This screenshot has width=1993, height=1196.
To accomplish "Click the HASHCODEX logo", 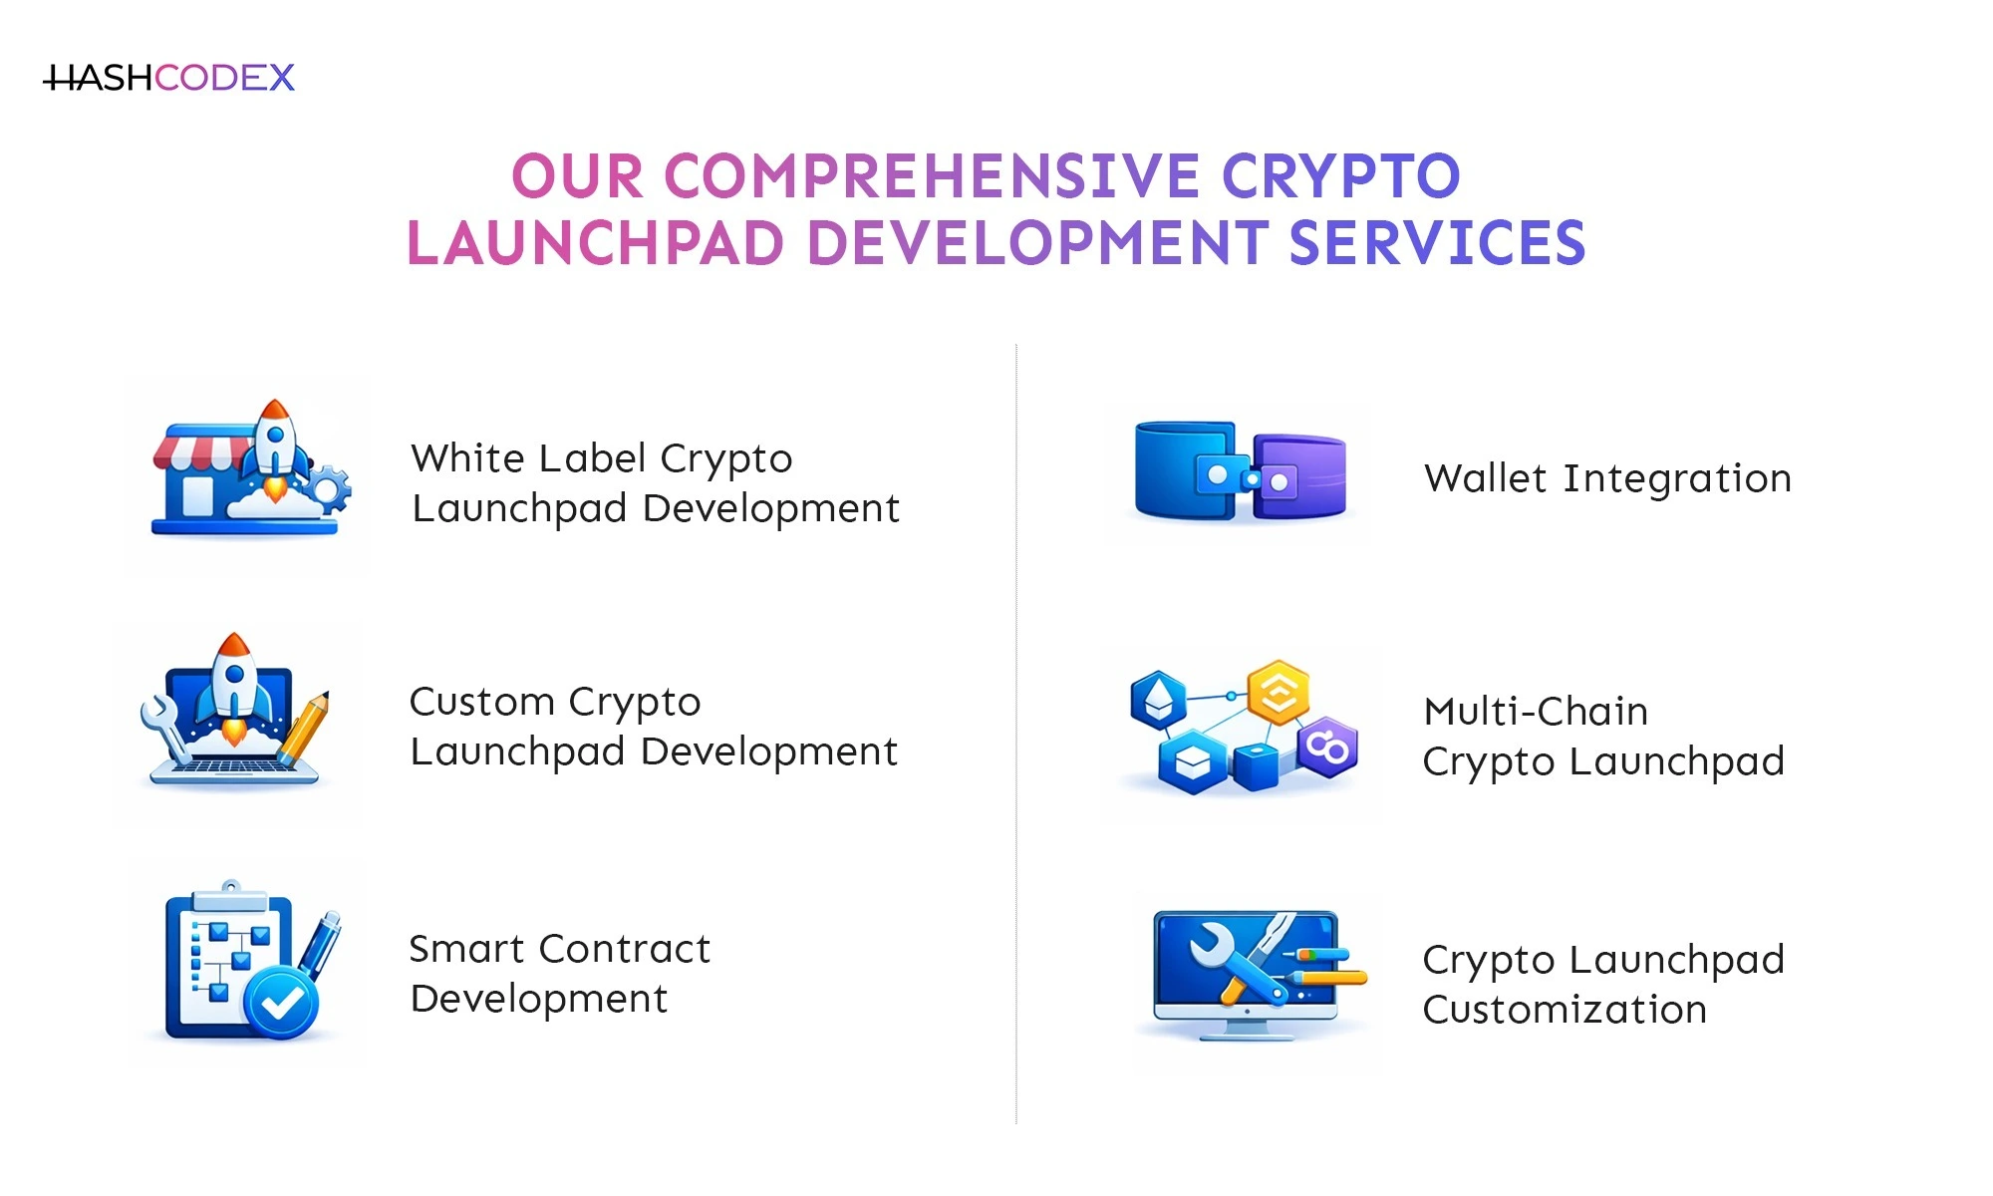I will coord(169,78).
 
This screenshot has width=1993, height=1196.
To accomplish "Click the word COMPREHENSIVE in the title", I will coord(932,176).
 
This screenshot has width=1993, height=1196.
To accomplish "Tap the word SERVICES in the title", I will coord(1436,244).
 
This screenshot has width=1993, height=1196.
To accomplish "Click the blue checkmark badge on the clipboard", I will coord(282,1002).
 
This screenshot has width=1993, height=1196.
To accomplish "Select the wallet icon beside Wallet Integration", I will coord(1240,471).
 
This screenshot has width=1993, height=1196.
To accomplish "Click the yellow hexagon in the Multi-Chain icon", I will coord(1279,691).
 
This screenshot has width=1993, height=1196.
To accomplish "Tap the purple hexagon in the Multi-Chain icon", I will coord(1328,746).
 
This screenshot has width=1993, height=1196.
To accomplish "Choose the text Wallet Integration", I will coord(1607,478).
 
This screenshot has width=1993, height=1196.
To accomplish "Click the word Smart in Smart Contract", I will coord(466,949).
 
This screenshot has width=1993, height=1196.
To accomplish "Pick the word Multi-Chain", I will coord(1536,712).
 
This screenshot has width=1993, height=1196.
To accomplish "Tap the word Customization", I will coord(1565,1010).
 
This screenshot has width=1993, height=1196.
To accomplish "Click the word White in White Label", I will coord(467,458).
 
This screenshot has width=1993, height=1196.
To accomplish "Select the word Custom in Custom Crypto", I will coord(482,702).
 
